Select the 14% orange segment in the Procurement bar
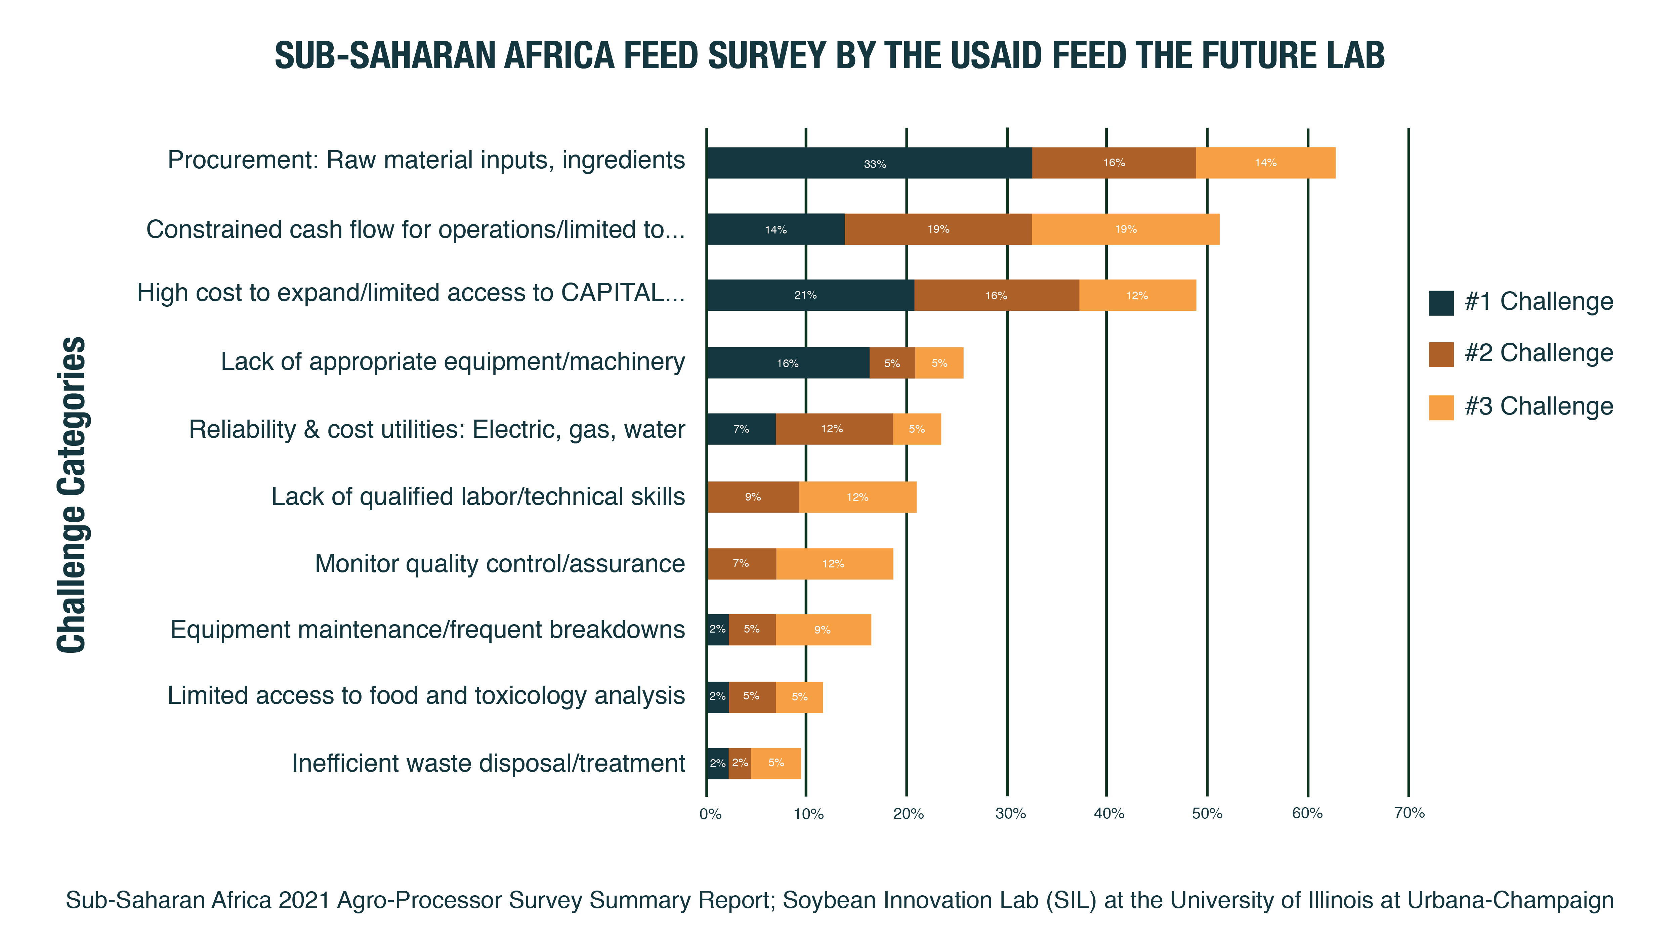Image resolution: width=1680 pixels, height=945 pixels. [1265, 163]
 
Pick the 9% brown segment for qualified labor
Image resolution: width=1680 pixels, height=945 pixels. [753, 497]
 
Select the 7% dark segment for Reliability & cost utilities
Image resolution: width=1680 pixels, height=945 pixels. [741, 429]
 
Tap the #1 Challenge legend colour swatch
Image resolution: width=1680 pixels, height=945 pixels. [1441, 303]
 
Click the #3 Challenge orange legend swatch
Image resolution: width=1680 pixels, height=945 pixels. [1441, 407]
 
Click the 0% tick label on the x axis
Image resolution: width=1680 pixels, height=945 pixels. [710, 814]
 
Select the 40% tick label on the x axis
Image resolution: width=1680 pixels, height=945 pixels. [1109, 813]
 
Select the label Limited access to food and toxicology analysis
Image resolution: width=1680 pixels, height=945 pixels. [426, 696]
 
